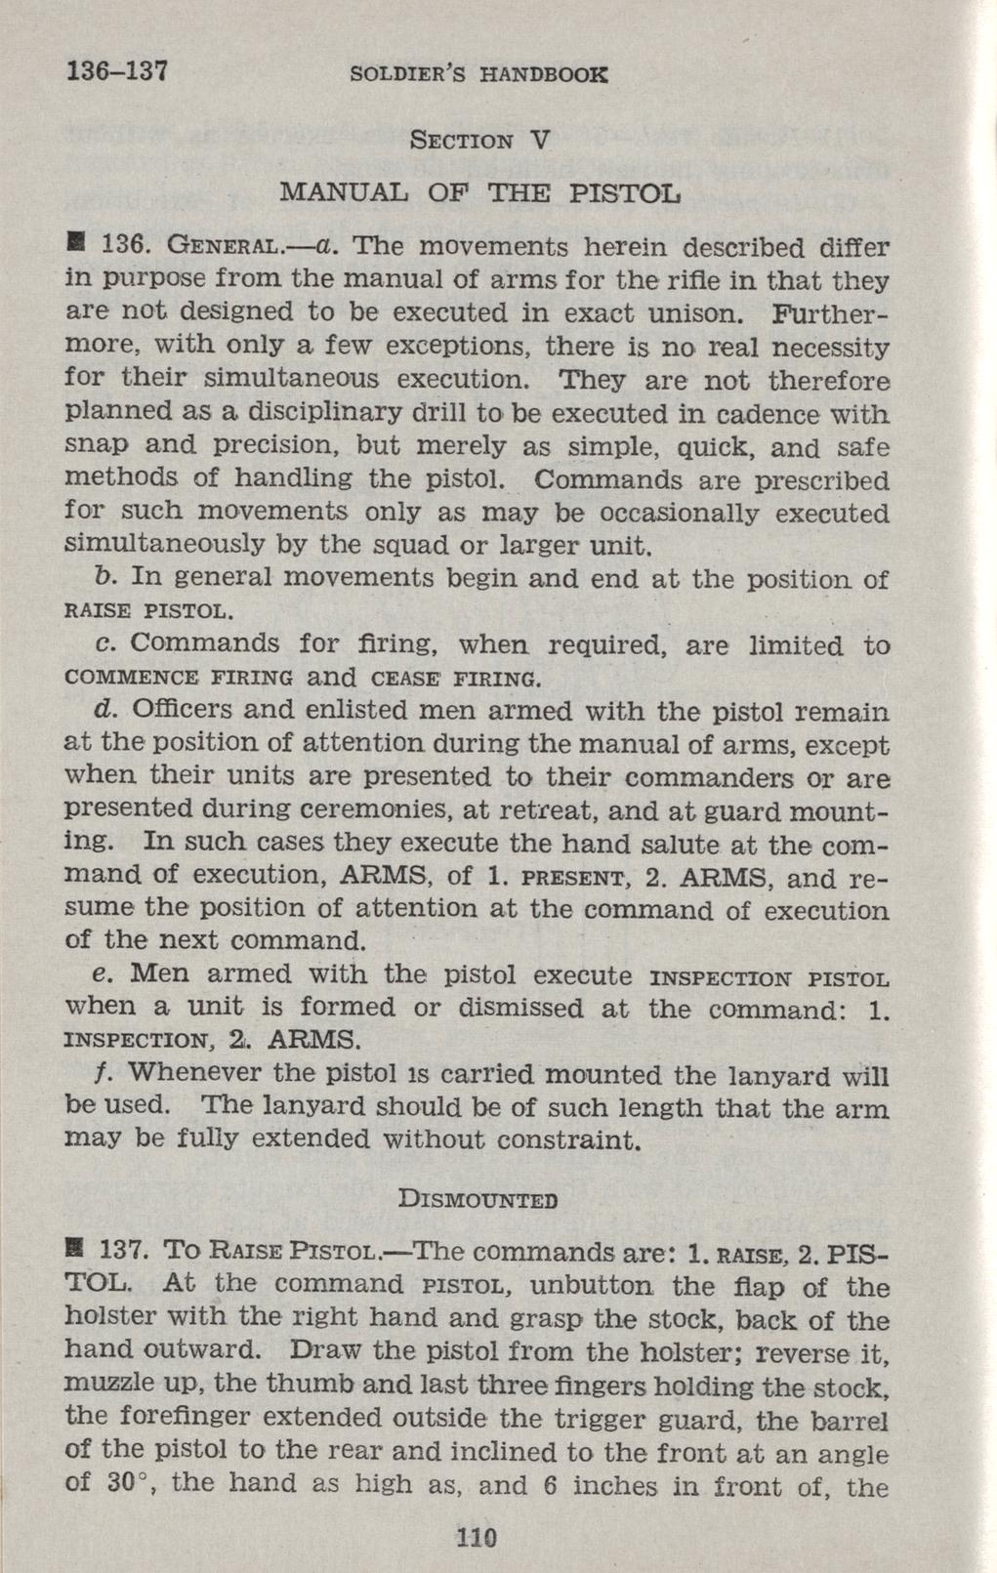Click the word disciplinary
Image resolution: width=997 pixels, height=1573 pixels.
point(338,414)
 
